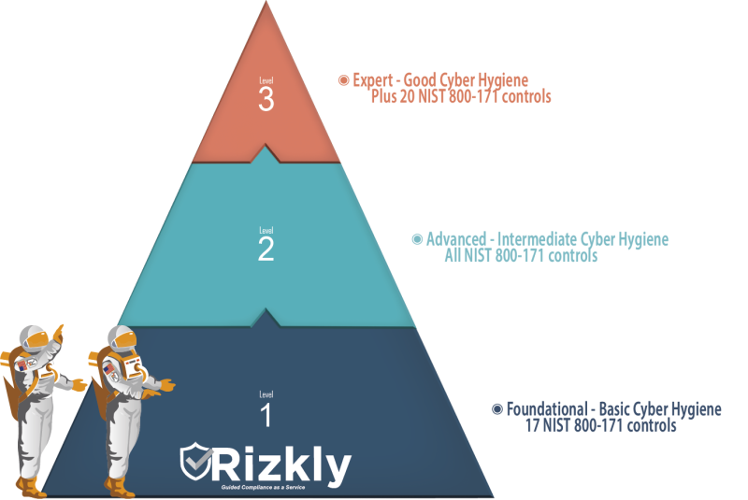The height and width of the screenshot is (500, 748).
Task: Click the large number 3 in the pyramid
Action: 266,101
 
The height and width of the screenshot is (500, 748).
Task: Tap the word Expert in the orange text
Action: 370,81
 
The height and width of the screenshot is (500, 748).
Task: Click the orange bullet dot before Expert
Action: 342,80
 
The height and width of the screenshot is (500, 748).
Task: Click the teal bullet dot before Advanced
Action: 417,239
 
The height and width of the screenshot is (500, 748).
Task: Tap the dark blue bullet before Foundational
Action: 496,409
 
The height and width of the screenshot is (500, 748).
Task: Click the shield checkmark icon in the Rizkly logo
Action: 197,462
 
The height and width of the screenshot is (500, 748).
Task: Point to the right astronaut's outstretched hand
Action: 166,383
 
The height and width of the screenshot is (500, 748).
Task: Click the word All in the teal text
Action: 454,256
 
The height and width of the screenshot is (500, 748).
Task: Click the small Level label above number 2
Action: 266,229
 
